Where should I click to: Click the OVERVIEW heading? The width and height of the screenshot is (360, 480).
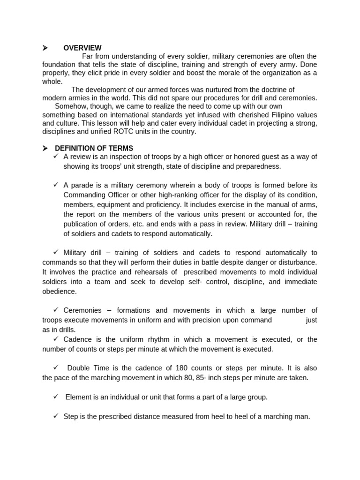(x=82, y=48)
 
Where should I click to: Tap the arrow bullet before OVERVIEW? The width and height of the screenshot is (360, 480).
(x=45, y=48)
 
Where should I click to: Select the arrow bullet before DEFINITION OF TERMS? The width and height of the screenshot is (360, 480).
(x=45, y=149)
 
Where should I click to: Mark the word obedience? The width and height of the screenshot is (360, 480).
(x=60, y=292)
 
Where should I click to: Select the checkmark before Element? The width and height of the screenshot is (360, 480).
(x=56, y=397)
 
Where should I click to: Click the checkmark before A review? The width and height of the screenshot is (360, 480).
(x=56, y=156)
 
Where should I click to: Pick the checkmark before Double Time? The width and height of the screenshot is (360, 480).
(x=56, y=367)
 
